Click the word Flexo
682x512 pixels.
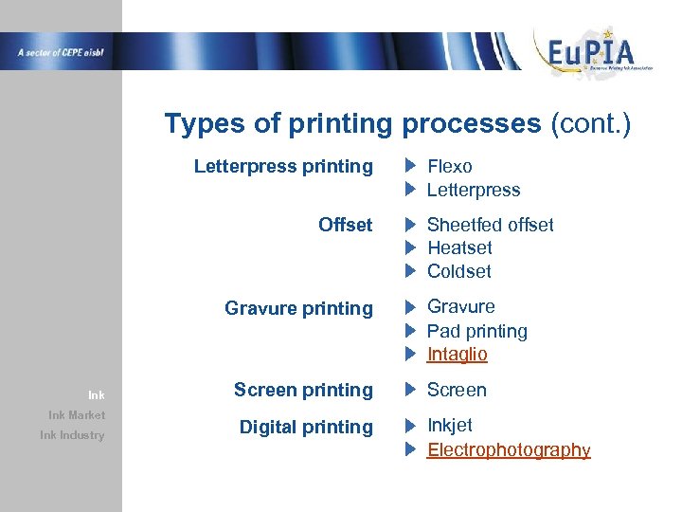[449, 167]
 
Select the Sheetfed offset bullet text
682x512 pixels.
[490, 225]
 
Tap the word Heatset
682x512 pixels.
[459, 247]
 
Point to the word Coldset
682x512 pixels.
[458, 271]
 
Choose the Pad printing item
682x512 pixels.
[476, 331]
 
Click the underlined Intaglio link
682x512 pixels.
[457, 354]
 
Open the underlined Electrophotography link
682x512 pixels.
[509, 449]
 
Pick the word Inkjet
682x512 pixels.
[449, 426]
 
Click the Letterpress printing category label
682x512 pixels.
[283, 167]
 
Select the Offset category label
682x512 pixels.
[345, 225]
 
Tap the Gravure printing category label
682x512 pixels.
[298, 308]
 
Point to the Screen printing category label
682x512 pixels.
[303, 390]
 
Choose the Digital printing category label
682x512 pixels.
[306, 427]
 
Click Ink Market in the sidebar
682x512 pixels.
[77, 415]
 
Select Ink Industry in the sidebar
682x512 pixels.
[72, 435]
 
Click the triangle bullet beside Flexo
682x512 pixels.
[410, 167]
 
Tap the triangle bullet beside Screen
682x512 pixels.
[410, 390]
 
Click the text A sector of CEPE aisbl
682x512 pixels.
[60, 52]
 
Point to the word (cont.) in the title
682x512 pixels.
[590, 124]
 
